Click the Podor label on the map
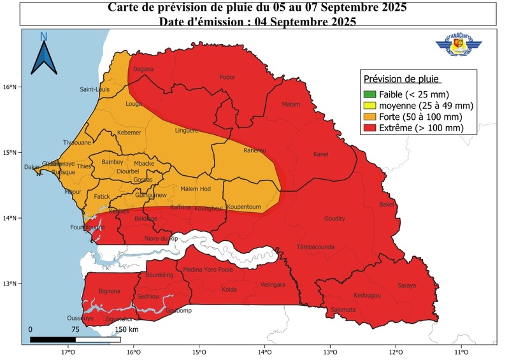tap(227, 77)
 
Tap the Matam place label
tap(290, 104)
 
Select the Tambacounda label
tap(315, 247)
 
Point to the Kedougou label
tap(367, 296)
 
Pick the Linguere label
tap(187, 131)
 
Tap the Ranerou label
tap(254, 151)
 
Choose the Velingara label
tap(273, 285)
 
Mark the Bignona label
tap(110, 291)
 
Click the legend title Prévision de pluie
tap(401, 79)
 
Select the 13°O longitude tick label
tap(329, 352)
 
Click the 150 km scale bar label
tap(127, 329)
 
